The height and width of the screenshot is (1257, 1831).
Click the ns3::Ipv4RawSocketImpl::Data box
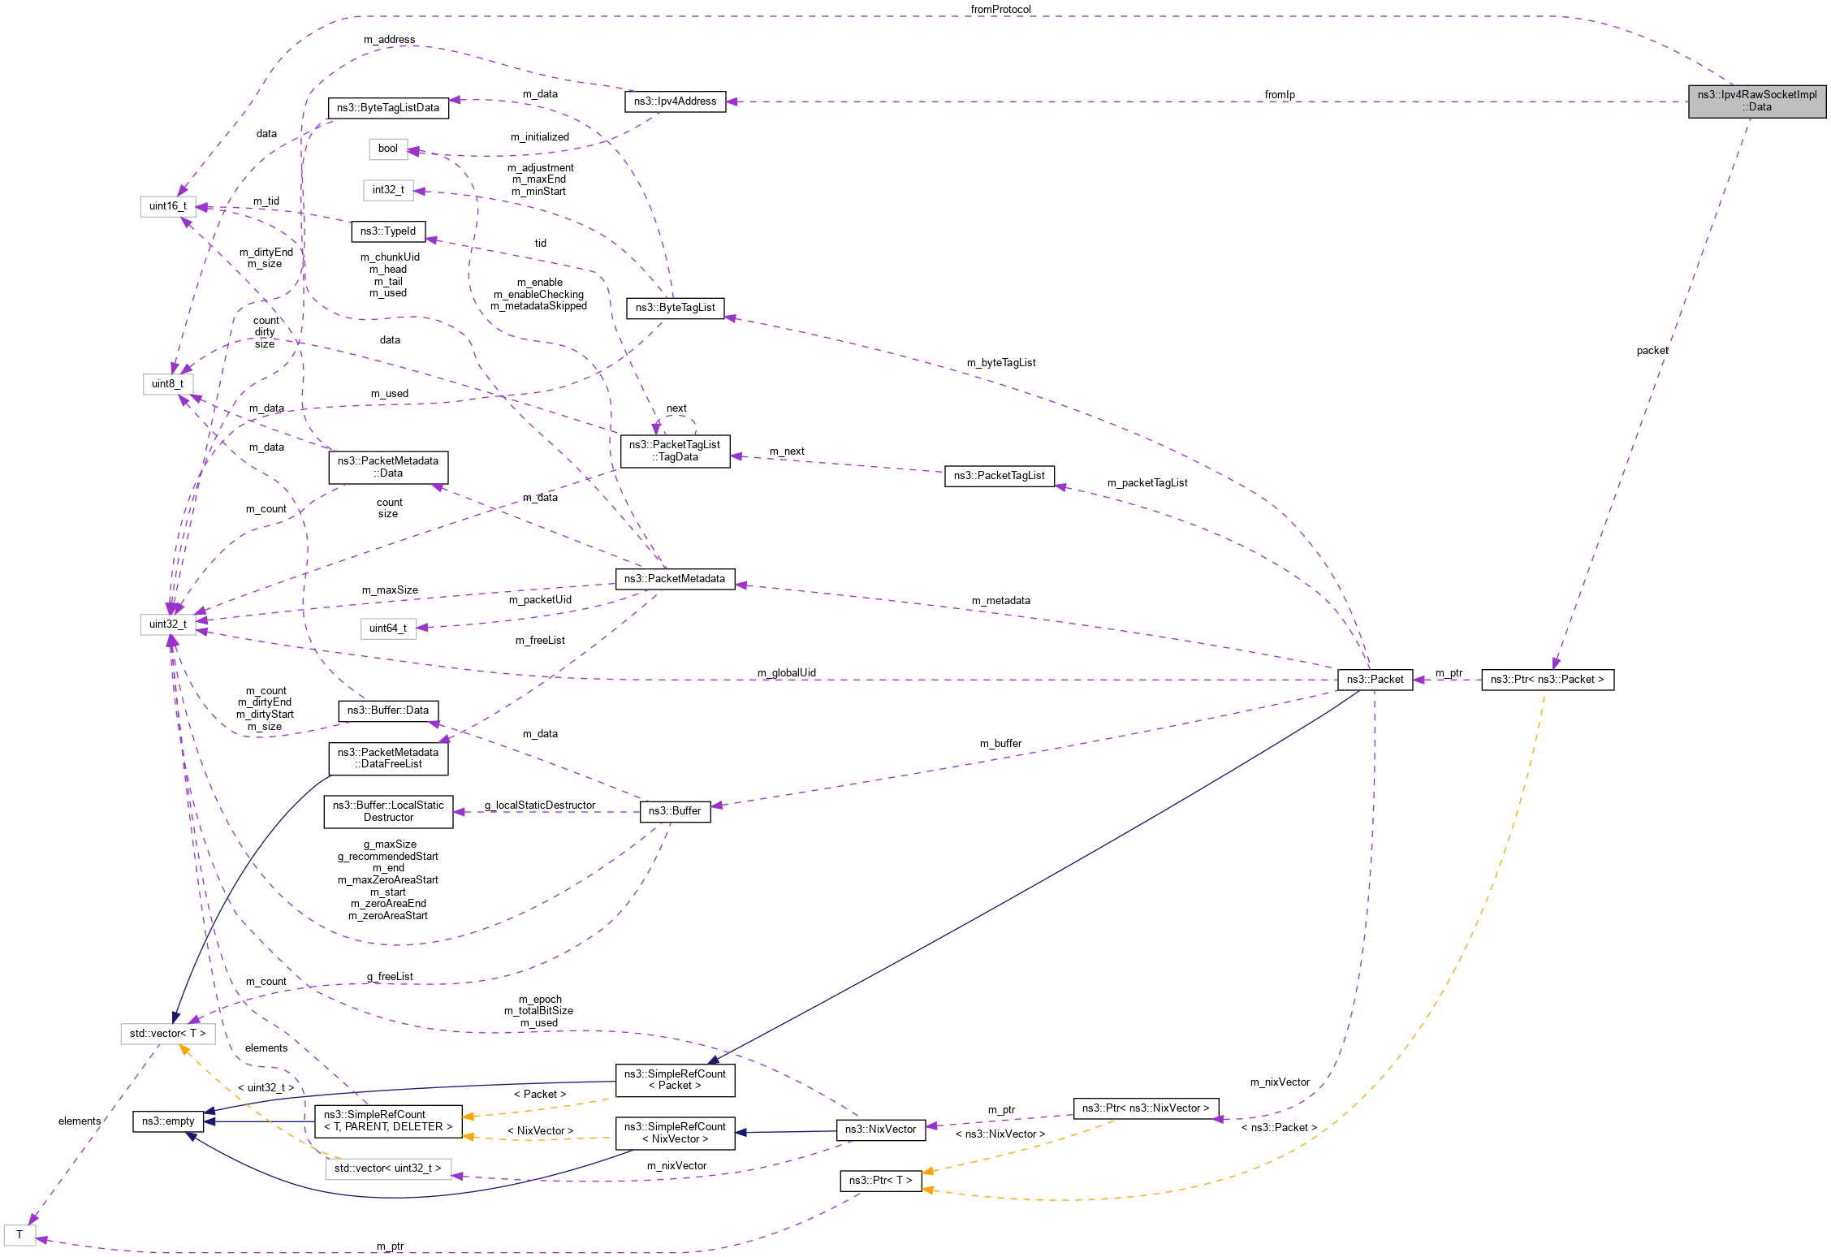[1756, 101]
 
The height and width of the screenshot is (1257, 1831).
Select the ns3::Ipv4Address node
[675, 102]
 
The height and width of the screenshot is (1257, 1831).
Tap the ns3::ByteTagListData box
[388, 108]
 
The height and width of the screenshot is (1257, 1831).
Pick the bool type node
[388, 149]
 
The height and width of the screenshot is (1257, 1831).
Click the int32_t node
[388, 190]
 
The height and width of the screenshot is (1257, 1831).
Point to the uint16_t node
[167, 206]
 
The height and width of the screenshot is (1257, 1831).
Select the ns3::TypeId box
[388, 231]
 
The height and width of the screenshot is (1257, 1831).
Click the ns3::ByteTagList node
[675, 308]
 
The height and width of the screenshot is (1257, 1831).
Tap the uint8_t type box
[167, 384]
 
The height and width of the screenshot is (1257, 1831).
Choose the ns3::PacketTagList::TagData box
[675, 451]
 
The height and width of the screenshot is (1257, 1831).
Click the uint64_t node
[388, 628]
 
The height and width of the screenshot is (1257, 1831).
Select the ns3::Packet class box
[1375, 680]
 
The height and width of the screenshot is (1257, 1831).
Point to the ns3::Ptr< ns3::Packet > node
[1547, 680]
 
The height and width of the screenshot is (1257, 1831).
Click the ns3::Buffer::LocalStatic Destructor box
[388, 811]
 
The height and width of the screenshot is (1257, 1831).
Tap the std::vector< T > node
[167, 1034]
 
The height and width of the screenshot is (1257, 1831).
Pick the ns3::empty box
[167, 1121]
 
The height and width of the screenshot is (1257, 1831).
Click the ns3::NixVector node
[880, 1130]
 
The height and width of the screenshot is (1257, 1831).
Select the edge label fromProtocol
[1000, 10]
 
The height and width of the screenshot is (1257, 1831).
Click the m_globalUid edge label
[786, 673]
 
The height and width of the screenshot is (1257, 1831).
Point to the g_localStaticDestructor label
[540, 806]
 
